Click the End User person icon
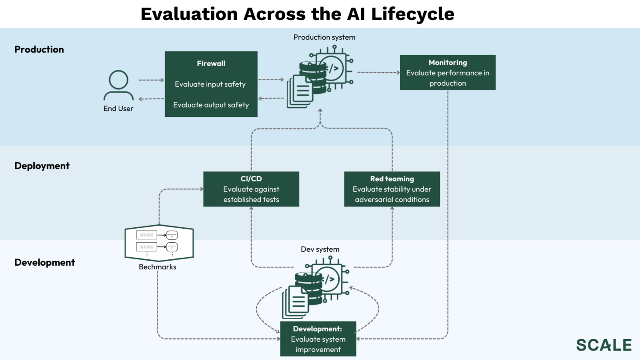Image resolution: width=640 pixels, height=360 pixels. click(x=119, y=85)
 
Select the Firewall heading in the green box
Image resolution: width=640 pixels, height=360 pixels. click(x=211, y=64)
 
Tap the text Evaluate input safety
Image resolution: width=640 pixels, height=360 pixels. click(x=210, y=84)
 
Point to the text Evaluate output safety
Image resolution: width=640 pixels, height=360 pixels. click(x=211, y=105)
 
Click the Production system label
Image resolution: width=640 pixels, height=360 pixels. click(x=324, y=38)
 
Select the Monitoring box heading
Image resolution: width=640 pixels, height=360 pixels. click(x=448, y=63)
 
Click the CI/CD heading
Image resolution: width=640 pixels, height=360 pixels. click(x=251, y=179)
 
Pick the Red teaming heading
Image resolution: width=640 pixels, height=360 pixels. click(x=392, y=179)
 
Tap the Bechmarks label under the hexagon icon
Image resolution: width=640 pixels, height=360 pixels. click(x=157, y=267)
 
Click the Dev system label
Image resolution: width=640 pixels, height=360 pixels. click(x=320, y=250)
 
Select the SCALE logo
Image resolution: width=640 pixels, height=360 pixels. click(x=604, y=345)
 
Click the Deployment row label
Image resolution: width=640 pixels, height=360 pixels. click(x=42, y=166)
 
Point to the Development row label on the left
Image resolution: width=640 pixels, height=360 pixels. click(x=45, y=263)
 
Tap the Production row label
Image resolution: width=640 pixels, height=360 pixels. click(x=39, y=49)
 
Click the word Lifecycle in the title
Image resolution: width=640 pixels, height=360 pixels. click(x=413, y=14)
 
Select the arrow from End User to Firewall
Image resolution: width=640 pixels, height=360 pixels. click(x=151, y=80)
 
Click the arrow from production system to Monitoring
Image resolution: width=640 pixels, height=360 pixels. click(x=378, y=73)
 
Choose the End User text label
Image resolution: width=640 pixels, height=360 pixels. click(x=119, y=109)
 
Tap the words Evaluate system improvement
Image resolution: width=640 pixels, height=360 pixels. click(x=318, y=344)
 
